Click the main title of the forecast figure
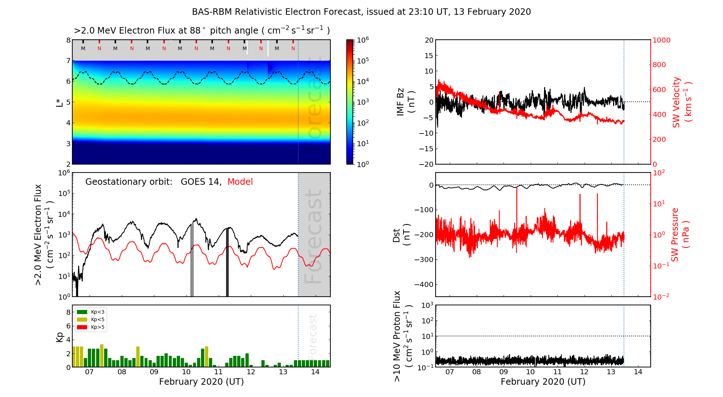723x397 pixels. pyautogui.click(x=361, y=12)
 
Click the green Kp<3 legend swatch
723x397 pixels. pyautogui.click(x=82, y=312)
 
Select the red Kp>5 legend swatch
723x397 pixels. pyautogui.click(x=82, y=327)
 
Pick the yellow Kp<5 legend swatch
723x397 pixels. pyautogui.click(x=82, y=319)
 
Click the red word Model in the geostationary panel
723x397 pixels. pyautogui.click(x=240, y=182)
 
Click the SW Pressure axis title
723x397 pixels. pyautogui.click(x=680, y=235)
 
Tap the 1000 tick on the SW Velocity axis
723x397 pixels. pyautogui.click(x=661, y=40)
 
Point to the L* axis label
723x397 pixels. pyautogui.click(x=60, y=102)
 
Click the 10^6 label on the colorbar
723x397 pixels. pyautogui.click(x=363, y=40)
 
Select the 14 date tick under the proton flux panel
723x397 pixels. pyautogui.click(x=638, y=372)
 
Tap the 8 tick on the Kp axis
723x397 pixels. pyautogui.click(x=68, y=312)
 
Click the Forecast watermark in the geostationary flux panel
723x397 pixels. pyautogui.click(x=313, y=236)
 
